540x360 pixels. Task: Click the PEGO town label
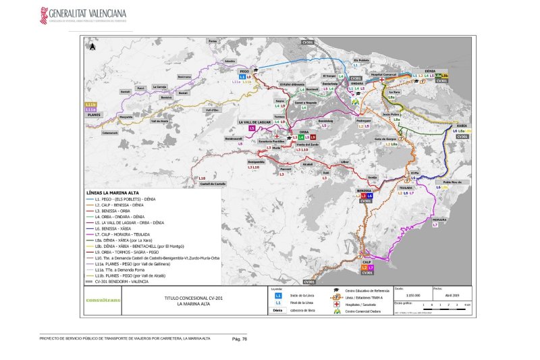click(244, 71)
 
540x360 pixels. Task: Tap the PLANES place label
click(94, 115)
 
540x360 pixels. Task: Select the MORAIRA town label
click(439, 220)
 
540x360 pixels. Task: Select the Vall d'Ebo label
click(212, 109)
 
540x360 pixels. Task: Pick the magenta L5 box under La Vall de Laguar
click(252, 128)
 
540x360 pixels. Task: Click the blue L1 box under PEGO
click(242, 78)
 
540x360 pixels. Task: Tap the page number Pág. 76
click(240, 338)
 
